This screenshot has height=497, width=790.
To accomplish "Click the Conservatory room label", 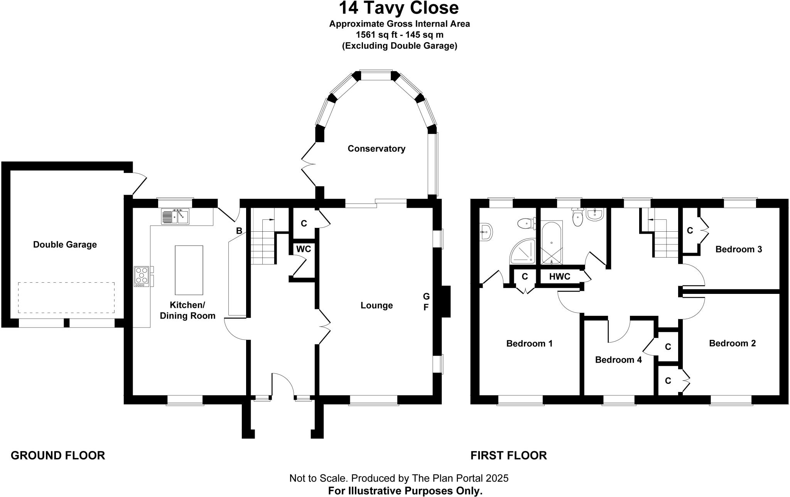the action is [376, 149].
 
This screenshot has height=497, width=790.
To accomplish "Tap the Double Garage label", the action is [65, 244].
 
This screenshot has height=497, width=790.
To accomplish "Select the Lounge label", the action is [376, 305].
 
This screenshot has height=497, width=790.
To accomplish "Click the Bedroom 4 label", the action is [618, 360].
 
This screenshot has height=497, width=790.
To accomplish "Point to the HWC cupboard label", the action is [559, 276].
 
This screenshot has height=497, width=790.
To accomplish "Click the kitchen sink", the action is [175, 216].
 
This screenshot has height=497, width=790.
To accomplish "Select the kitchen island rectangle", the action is [189, 270].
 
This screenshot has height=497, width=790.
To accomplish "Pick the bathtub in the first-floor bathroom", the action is [552, 243].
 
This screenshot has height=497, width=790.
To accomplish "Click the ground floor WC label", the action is [304, 249].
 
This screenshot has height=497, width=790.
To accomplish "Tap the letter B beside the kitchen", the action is [239, 231].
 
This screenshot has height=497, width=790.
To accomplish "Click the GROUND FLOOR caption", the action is [58, 456].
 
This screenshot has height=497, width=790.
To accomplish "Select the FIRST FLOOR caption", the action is [508, 456].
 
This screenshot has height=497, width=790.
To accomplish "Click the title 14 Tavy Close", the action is [399, 8].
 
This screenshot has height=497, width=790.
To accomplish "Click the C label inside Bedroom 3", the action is [690, 231].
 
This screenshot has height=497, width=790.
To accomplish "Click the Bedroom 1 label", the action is [529, 343].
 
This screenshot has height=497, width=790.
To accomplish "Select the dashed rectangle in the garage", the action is [66, 298].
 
